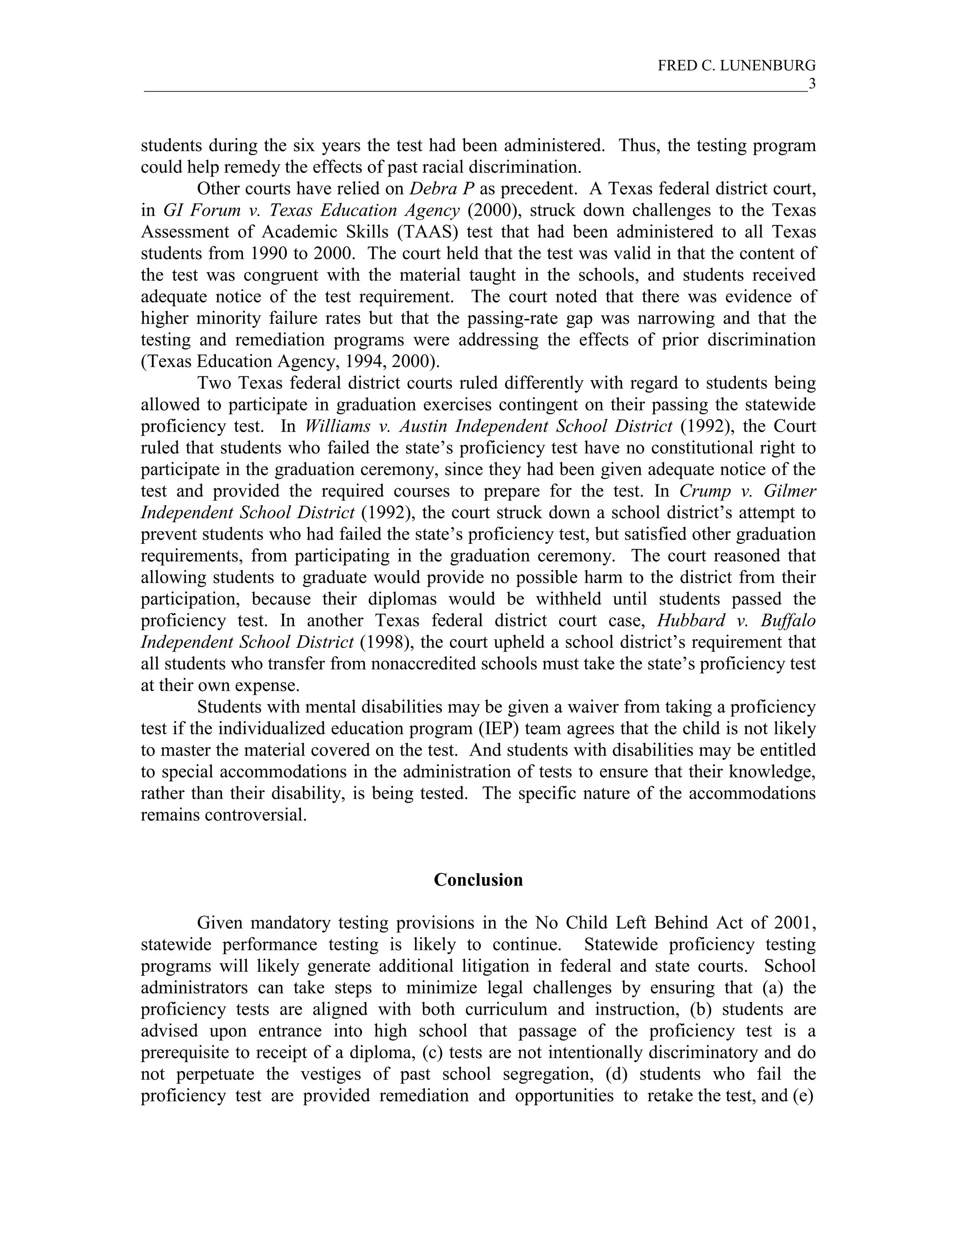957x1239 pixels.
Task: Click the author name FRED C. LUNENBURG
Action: point(736,66)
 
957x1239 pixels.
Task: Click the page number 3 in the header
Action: point(812,84)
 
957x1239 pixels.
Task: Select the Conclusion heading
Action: point(478,879)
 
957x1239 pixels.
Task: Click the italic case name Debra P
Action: point(442,189)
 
